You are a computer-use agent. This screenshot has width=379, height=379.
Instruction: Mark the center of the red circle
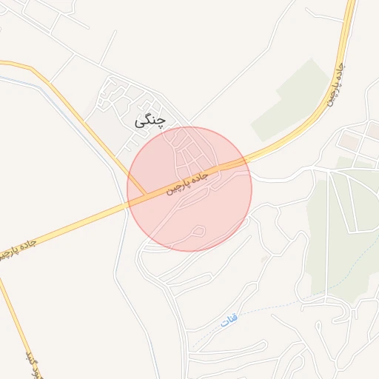click(x=189, y=189)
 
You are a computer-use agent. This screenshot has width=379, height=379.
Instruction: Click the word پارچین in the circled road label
click(x=181, y=185)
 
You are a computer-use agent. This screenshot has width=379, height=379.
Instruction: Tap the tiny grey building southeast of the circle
click(x=264, y=259)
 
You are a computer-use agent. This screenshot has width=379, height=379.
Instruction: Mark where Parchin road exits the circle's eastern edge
click(x=248, y=159)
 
